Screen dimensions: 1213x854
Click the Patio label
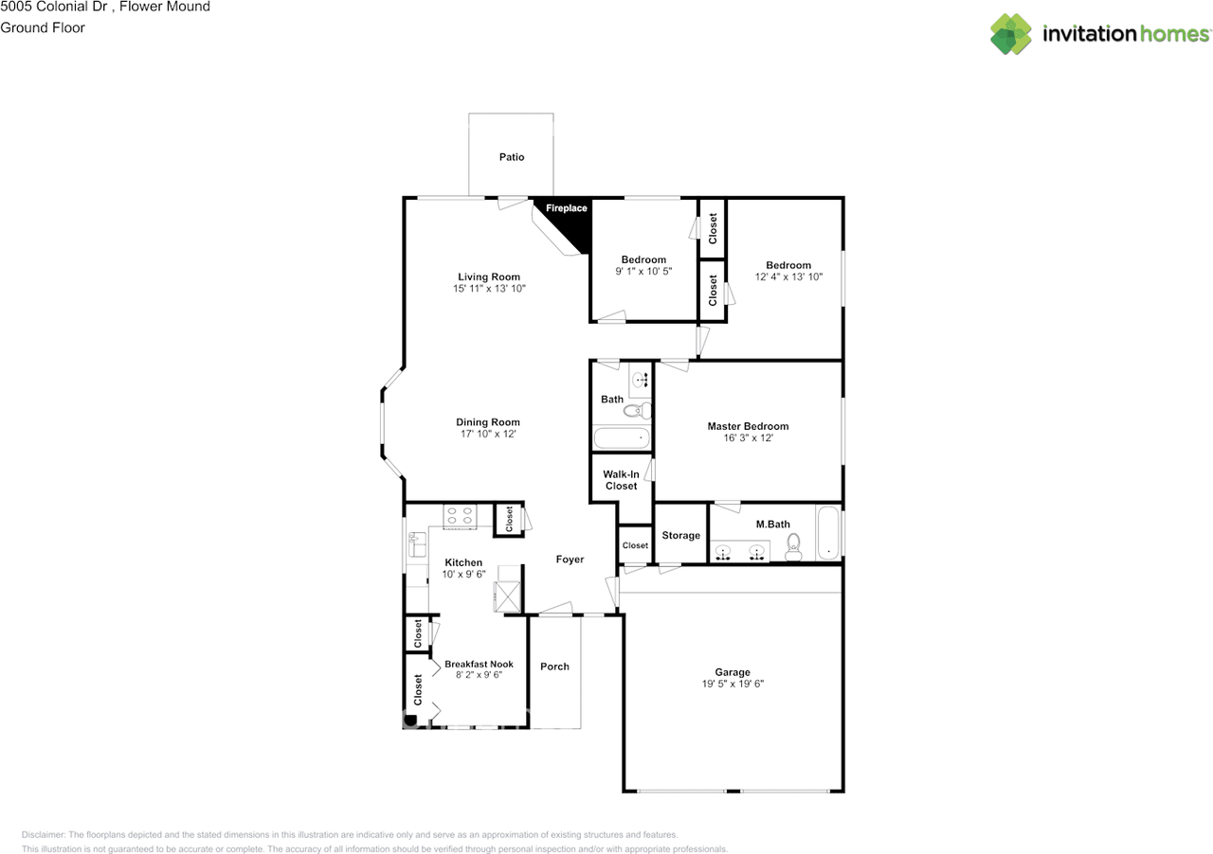(x=512, y=157)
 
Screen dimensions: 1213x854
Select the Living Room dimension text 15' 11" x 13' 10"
(x=489, y=289)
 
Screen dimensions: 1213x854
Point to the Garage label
(x=733, y=672)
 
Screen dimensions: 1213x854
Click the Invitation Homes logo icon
(x=1011, y=34)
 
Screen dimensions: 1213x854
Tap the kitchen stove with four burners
(x=460, y=516)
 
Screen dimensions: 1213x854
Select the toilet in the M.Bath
(x=793, y=546)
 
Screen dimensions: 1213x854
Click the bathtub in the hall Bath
(x=621, y=437)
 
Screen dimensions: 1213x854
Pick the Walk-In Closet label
(x=621, y=480)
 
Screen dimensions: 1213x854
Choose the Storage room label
(x=680, y=535)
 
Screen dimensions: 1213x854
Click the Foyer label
(x=570, y=559)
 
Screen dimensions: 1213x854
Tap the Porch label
(x=554, y=667)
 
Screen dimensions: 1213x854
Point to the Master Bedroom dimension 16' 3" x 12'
(x=748, y=437)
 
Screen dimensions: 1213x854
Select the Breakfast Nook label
(x=479, y=664)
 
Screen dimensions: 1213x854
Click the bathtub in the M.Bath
(x=828, y=532)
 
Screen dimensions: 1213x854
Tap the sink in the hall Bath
(x=641, y=380)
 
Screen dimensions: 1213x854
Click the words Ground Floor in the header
(x=43, y=27)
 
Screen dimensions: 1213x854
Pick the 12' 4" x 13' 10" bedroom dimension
(x=788, y=276)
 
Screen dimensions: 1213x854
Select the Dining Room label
(x=487, y=422)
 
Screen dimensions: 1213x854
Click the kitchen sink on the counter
(x=417, y=544)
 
